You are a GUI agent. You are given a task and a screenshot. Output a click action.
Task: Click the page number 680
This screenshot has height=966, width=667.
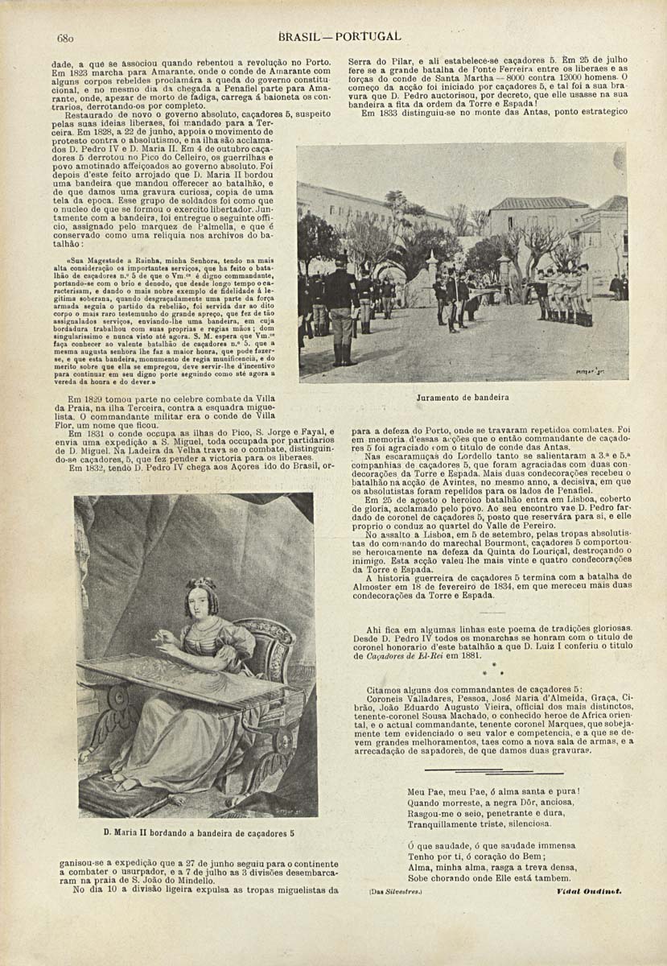(66, 38)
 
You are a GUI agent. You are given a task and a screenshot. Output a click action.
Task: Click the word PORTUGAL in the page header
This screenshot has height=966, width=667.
(368, 36)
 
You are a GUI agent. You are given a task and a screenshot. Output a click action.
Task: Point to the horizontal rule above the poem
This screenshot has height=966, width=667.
(488, 772)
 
